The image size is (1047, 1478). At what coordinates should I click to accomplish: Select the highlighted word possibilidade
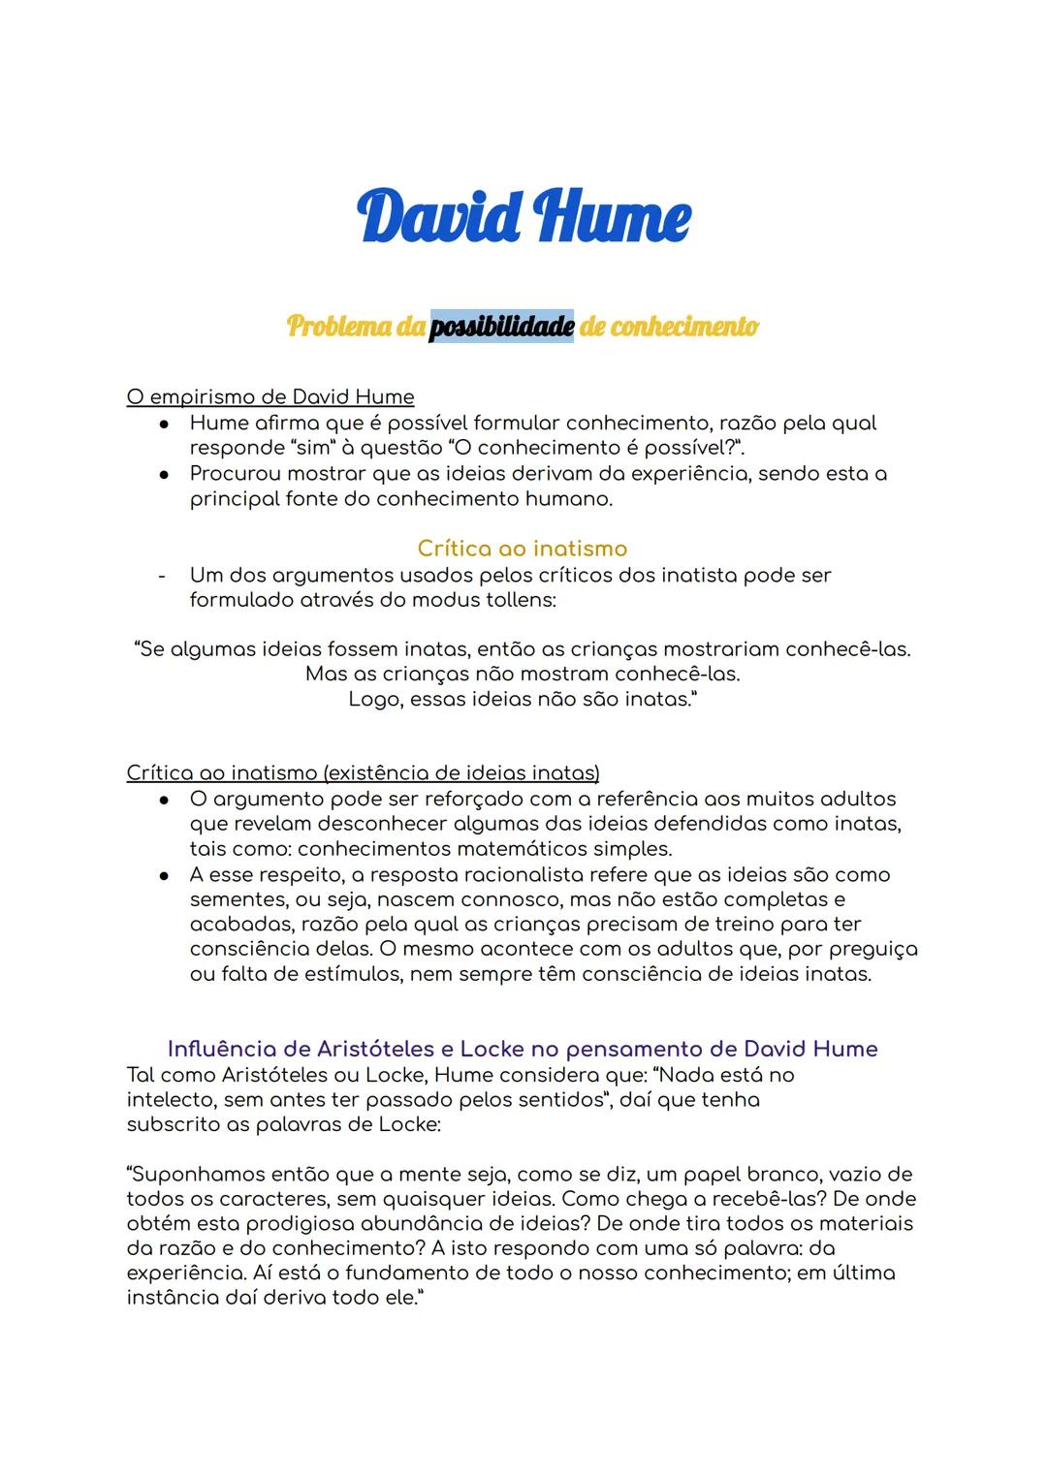501,327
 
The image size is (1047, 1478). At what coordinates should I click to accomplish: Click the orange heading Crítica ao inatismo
523,549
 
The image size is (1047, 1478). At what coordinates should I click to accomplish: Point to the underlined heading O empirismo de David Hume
270,397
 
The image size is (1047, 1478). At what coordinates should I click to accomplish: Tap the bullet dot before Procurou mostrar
166,475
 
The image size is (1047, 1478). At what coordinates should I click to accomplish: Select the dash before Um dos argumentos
162,576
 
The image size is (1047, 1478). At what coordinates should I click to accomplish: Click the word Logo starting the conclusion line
372,699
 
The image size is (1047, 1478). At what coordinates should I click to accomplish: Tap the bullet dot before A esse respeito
166,875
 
